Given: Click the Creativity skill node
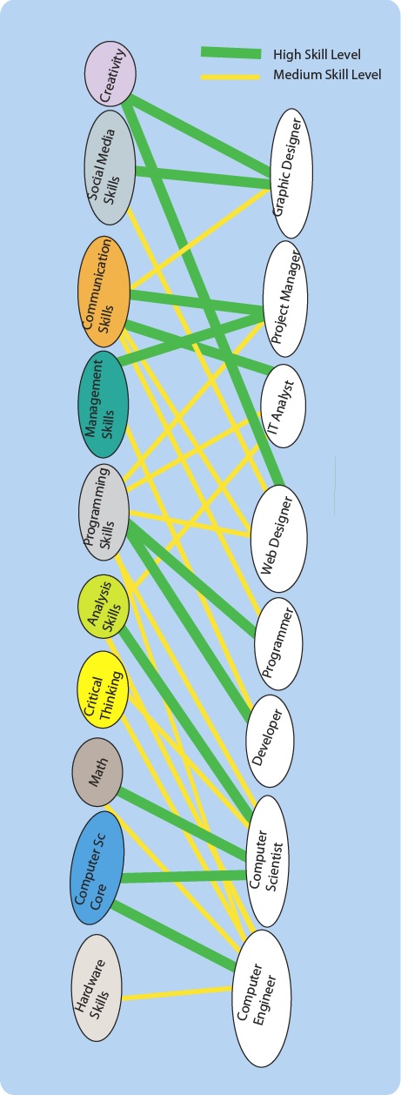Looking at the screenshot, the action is (x=110, y=74).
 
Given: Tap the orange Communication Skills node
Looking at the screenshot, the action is (x=105, y=292).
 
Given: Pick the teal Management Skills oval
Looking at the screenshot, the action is (x=103, y=404).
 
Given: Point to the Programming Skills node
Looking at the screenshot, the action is (x=104, y=513).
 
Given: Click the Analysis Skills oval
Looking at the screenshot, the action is (x=104, y=607).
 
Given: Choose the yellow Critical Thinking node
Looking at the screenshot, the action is (x=103, y=689).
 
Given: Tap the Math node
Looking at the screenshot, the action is (x=97, y=772).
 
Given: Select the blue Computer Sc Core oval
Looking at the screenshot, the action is (x=97, y=868).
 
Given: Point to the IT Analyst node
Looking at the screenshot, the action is (x=284, y=406).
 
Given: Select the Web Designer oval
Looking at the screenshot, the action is (x=279, y=538).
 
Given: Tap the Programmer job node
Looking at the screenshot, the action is (x=278, y=643).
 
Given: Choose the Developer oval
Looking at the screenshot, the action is (x=271, y=741).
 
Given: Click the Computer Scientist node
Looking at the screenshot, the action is (x=268, y=861).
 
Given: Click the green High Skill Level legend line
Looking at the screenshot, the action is (x=231, y=52).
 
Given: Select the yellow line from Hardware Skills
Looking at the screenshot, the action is (x=177, y=993).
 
